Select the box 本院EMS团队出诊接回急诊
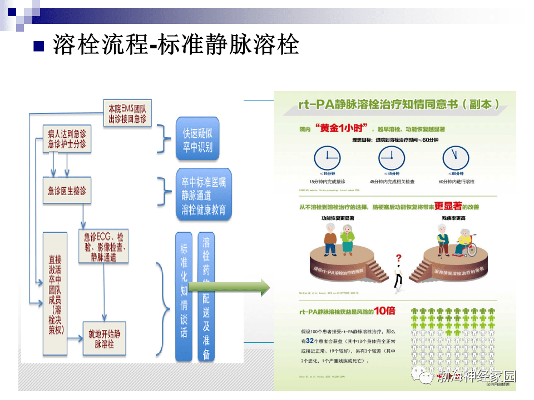[x=127, y=114]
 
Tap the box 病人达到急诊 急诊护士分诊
[x=67, y=139]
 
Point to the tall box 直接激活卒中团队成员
[x=56, y=294]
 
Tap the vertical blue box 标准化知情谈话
[x=184, y=297]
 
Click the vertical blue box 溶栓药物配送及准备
[x=206, y=297]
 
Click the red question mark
[x=398, y=258]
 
